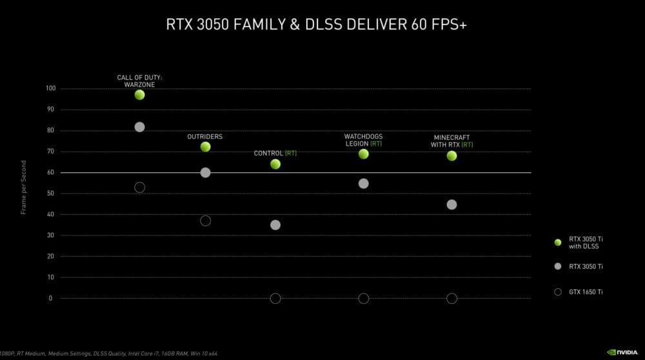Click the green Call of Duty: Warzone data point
pos(139,95)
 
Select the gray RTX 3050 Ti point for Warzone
pos(139,127)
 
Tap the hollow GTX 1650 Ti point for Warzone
pos(139,187)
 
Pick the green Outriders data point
pos(205,147)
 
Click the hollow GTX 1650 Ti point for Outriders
pos(205,221)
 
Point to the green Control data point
pos(275,165)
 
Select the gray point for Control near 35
pos(275,225)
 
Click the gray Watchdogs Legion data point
pos(363,184)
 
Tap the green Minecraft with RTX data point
pos(451,155)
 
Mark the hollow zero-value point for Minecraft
pos(451,298)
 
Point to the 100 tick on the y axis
pos(50,88)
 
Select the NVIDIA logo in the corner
pos(624,352)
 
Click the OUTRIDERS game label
pos(204,137)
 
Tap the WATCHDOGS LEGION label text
pos(363,140)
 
